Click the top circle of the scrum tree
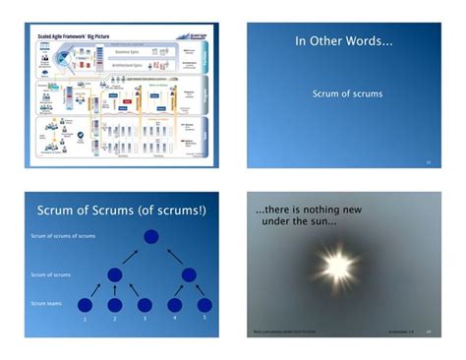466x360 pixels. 150,237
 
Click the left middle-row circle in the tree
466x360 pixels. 114,274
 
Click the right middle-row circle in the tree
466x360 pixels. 190,274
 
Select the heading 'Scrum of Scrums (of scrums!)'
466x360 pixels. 122,210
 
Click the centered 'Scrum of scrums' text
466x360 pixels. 347,94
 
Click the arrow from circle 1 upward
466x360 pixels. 96,289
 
